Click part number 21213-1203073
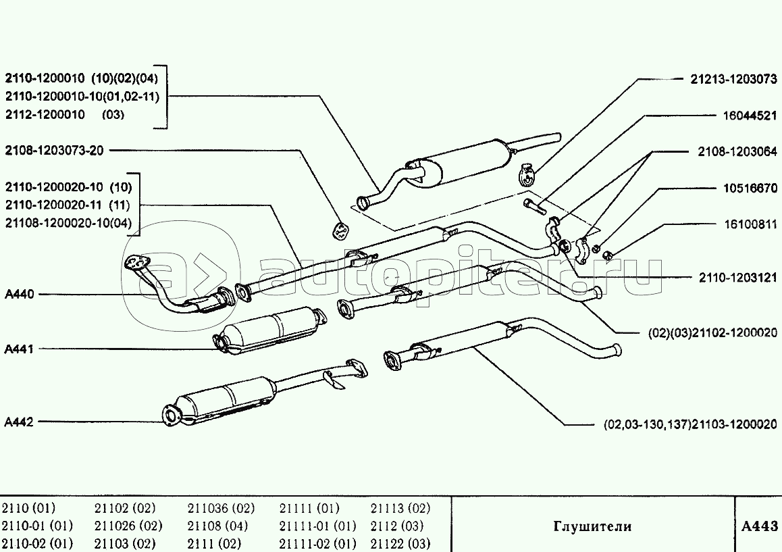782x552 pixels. [733, 80]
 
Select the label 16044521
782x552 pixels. [750, 116]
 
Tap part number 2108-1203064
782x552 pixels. [737, 153]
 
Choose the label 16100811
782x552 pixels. [750, 224]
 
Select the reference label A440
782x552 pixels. [19, 294]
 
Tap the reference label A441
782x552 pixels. [19, 349]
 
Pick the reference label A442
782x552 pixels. [19, 422]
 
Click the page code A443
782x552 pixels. [759, 526]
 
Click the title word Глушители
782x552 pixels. [592, 526]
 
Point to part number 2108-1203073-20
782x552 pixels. [55, 150]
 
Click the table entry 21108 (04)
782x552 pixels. [217, 526]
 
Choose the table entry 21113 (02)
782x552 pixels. [400, 508]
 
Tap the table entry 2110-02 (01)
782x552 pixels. [37, 543]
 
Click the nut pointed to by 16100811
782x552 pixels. [606, 255]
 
